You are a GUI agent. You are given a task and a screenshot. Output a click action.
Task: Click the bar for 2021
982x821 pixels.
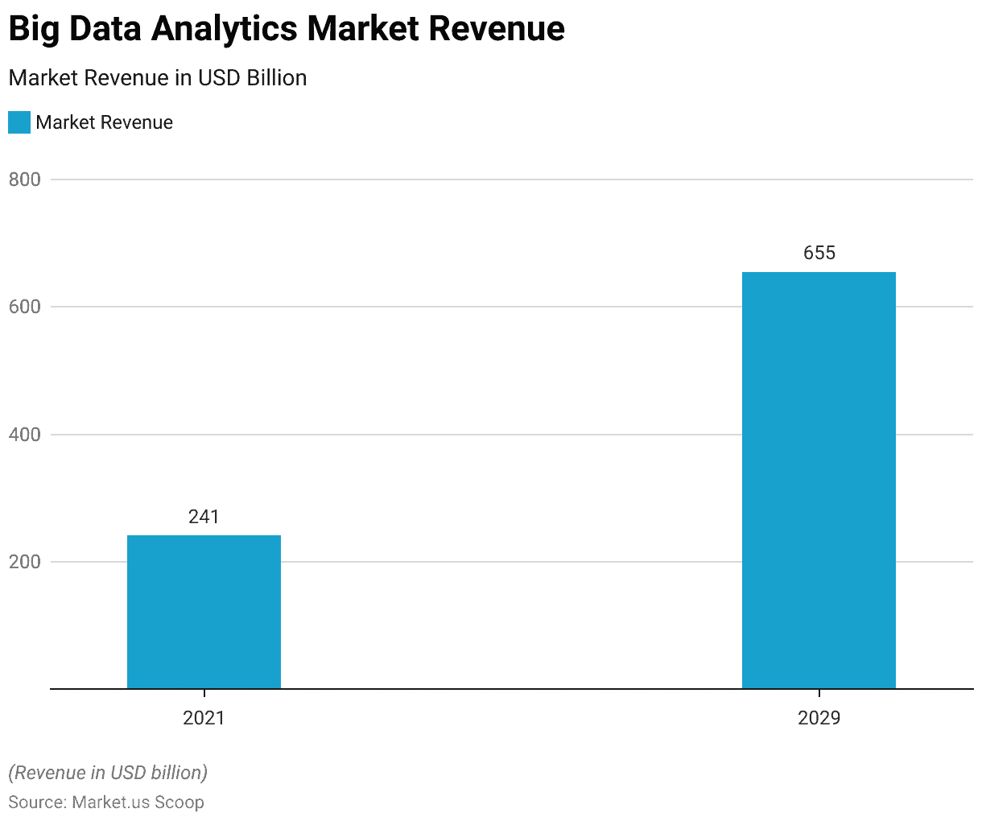tap(204, 612)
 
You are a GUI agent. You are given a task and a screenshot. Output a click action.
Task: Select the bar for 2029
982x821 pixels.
tap(819, 481)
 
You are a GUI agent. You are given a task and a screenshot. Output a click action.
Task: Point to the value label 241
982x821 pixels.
tap(204, 517)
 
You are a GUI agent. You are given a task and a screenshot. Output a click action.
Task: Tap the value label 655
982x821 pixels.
tap(819, 253)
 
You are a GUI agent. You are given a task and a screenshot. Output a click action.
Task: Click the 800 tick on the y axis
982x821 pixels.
tap(25, 179)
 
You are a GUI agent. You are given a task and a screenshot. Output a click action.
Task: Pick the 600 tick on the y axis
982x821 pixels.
tap(25, 307)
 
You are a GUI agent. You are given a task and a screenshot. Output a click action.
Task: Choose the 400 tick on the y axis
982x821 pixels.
tap(25, 435)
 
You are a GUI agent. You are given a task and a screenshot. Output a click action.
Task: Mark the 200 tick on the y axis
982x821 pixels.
tap(25, 562)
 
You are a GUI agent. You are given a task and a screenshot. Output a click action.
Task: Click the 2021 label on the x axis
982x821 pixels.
tap(204, 718)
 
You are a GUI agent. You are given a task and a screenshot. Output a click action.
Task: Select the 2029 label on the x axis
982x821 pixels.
tap(819, 718)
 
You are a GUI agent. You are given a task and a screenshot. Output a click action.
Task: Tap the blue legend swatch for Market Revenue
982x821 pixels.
tap(19, 122)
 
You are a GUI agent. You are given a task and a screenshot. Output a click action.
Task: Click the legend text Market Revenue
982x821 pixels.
tap(105, 122)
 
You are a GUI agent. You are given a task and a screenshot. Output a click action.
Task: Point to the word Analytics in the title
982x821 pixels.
tap(226, 29)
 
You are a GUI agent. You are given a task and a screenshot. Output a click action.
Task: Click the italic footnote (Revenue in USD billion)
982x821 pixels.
tap(108, 773)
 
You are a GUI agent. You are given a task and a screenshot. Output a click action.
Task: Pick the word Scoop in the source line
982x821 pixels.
tap(179, 802)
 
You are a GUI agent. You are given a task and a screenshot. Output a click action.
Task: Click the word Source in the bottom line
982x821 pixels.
tap(36, 802)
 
